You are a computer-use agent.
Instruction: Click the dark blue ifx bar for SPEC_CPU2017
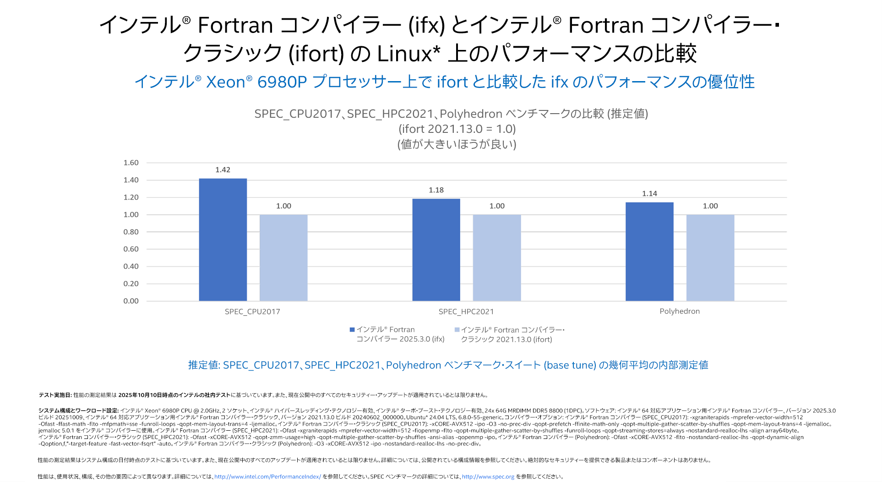click(x=223, y=240)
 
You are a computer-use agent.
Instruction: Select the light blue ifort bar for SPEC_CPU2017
click(x=283, y=257)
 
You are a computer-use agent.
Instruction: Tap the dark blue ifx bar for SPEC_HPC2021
click(x=436, y=250)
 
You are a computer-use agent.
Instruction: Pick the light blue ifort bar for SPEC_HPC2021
click(x=497, y=257)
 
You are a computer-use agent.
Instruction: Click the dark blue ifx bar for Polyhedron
click(x=649, y=252)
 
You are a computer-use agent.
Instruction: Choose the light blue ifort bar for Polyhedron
click(x=710, y=257)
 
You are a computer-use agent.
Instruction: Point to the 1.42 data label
click(x=223, y=170)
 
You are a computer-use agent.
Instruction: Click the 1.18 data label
click(x=436, y=190)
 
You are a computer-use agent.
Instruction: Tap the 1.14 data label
click(x=649, y=194)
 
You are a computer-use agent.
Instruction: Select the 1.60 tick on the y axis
click(x=131, y=163)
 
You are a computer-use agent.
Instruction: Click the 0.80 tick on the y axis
click(x=131, y=232)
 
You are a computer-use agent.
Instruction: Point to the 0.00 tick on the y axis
click(x=131, y=301)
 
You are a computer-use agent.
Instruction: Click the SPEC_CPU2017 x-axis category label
click(x=252, y=312)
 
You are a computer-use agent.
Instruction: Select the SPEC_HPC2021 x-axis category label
click(x=466, y=312)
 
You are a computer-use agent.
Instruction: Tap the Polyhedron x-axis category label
click(x=680, y=312)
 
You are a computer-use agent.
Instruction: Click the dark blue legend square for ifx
click(x=352, y=329)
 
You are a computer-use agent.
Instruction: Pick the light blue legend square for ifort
click(x=457, y=330)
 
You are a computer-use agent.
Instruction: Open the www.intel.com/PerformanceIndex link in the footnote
click(x=267, y=477)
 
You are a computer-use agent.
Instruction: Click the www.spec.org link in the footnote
click(x=488, y=477)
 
